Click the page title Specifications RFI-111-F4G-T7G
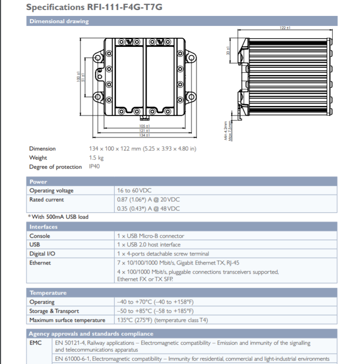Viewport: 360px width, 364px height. pos(94,7)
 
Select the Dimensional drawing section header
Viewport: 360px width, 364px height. pos(59,21)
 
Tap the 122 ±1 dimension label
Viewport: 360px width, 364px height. pos(285,28)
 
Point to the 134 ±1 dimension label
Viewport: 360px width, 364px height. pos(144,135)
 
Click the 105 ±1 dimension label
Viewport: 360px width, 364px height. pos(144,126)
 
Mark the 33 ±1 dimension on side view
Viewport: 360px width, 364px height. pos(228,51)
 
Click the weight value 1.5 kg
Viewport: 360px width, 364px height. pos(96,158)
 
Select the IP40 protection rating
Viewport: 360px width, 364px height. pos(94,166)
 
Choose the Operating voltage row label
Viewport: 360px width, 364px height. pos(51,190)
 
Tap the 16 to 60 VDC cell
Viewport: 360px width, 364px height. pos(134,190)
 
